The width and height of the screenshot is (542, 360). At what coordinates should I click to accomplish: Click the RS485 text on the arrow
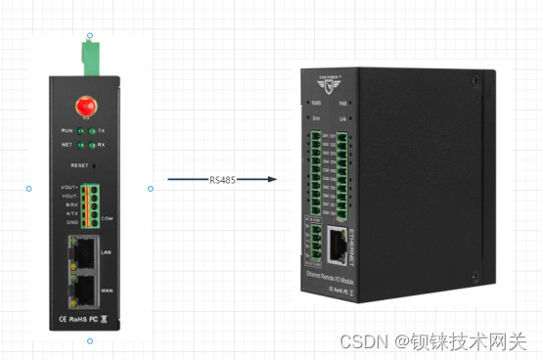coord(222,180)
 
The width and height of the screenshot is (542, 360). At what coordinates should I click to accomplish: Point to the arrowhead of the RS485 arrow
coord(275,180)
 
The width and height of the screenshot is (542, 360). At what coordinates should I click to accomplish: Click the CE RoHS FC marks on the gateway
coord(78,319)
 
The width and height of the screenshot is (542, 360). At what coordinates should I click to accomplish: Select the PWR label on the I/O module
coord(344,101)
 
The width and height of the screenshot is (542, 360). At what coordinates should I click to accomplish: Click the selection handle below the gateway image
coord(90,341)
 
